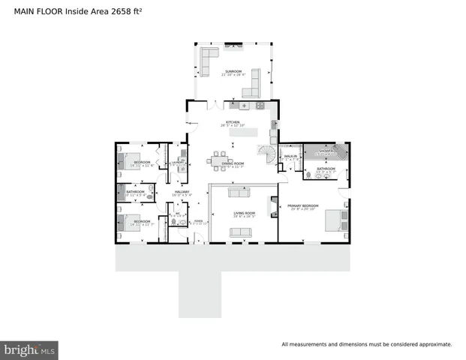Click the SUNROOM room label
click(x=233, y=72)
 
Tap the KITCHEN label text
click(x=233, y=123)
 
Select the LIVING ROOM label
click(x=244, y=214)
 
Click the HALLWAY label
click(x=182, y=193)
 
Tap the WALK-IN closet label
click(x=291, y=157)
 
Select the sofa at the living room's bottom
click(x=241, y=232)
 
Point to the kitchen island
click(x=254, y=133)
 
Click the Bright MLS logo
click(x=29, y=349)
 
